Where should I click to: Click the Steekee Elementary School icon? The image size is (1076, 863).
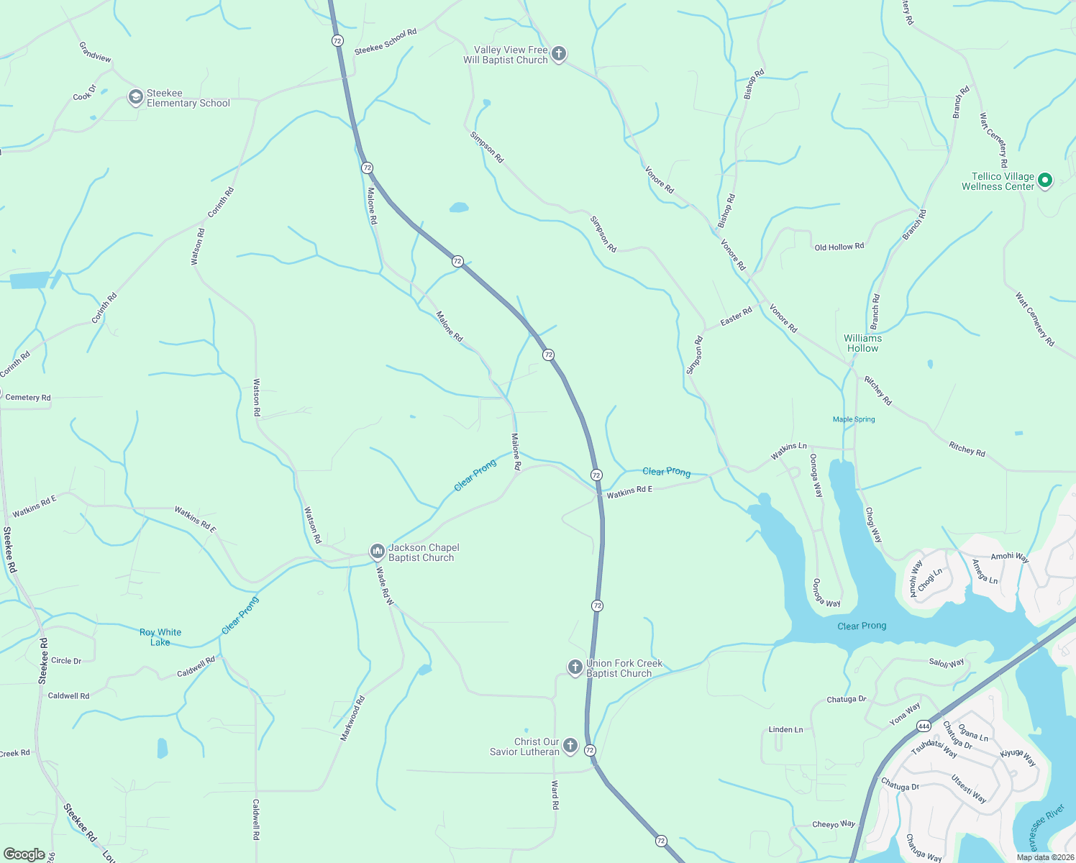pyautogui.click(x=135, y=97)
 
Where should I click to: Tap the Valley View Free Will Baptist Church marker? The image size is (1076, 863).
pyautogui.click(x=559, y=54)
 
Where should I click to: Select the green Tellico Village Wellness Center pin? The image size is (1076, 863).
pyautogui.click(x=1045, y=181)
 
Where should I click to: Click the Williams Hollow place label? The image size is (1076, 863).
pyautogui.click(x=862, y=343)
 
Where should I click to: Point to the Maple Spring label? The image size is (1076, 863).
pyautogui.click(x=854, y=419)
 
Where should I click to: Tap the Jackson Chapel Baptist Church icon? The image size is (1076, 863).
pyautogui.click(x=377, y=552)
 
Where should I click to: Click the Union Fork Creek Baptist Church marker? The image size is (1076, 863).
pyautogui.click(x=575, y=667)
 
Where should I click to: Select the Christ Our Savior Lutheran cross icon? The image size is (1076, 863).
pyautogui.click(x=570, y=746)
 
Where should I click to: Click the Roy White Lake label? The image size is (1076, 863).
pyautogui.click(x=160, y=637)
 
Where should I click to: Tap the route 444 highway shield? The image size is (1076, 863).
pyautogui.click(x=924, y=726)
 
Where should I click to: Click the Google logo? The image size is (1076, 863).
pyautogui.click(x=24, y=854)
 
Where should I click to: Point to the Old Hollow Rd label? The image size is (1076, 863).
pyautogui.click(x=839, y=247)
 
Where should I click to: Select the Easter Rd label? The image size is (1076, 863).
pyautogui.click(x=736, y=316)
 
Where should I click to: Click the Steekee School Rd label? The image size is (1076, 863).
pyautogui.click(x=386, y=42)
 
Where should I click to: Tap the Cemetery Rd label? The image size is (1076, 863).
pyautogui.click(x=28, y=398)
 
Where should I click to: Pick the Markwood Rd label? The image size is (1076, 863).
pyautogui.click(x=352, y=718)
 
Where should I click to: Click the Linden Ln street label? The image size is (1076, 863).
pyautogui.click(x=785, y=729)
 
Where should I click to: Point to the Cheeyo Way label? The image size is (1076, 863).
pyautogui.click(x=834, y=824)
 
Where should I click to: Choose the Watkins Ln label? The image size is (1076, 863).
pyautogui.click(x=788, y=451)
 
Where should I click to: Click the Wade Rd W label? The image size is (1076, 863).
pyautogui.click(x=386, y=586)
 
